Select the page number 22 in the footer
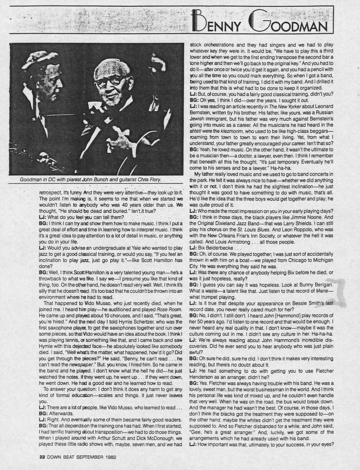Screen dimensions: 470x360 point(42,457)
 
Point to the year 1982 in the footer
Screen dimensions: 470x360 point(109,457)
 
